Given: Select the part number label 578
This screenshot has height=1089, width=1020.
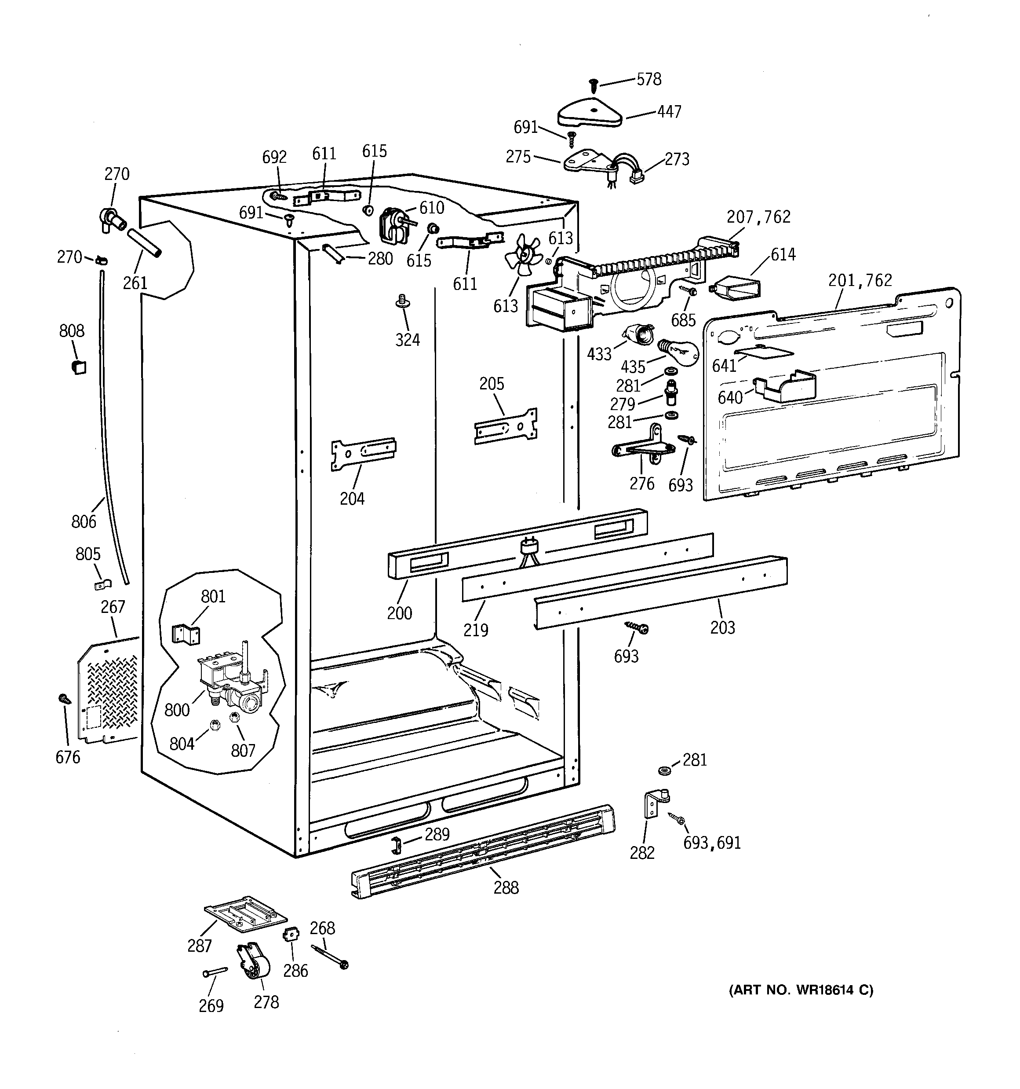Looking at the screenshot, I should click(649, 80).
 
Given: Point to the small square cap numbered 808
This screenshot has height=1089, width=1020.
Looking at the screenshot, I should click(79, 367).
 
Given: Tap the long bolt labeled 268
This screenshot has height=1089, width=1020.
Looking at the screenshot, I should click(329, 957).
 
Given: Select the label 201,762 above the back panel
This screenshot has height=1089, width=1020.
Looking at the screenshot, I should click(860, 280).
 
